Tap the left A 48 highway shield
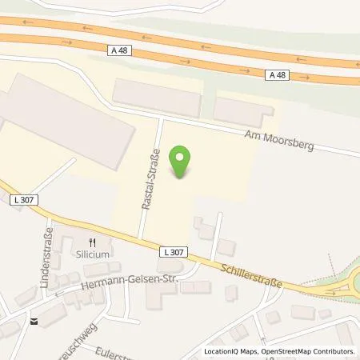[118, 49]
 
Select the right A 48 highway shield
[276, 74]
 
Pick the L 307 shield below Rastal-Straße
[170, 252]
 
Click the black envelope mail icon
[34, 322]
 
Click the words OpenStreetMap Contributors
[310, 351]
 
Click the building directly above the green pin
[156, 98]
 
